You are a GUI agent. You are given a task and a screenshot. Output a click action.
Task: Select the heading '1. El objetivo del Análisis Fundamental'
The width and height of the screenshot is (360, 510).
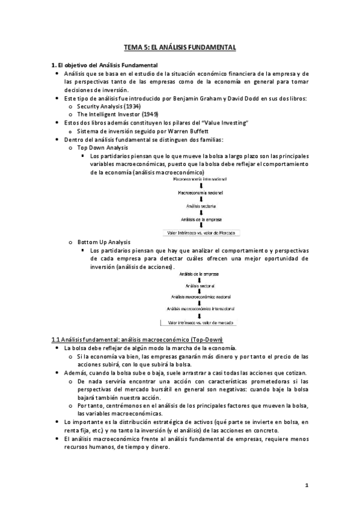point(104,64)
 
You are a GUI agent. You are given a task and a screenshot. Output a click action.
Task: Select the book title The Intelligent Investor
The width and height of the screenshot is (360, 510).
point(108,114)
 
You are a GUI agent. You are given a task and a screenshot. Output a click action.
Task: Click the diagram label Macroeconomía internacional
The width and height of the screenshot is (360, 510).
point(198,179)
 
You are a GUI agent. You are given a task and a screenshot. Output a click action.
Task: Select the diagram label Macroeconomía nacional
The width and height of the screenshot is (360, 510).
point(200,192)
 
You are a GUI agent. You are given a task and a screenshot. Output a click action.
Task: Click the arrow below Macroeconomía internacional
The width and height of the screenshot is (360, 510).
point(200,186)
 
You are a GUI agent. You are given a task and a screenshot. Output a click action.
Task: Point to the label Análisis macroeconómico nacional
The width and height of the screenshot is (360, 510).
point(200,297)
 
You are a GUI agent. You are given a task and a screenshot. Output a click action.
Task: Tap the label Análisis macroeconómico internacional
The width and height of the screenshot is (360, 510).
point(200,310)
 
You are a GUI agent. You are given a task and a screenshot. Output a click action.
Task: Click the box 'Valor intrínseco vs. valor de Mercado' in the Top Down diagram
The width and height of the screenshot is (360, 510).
point(200,232)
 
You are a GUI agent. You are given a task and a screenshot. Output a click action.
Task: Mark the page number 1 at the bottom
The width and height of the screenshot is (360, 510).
point(306,485)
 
